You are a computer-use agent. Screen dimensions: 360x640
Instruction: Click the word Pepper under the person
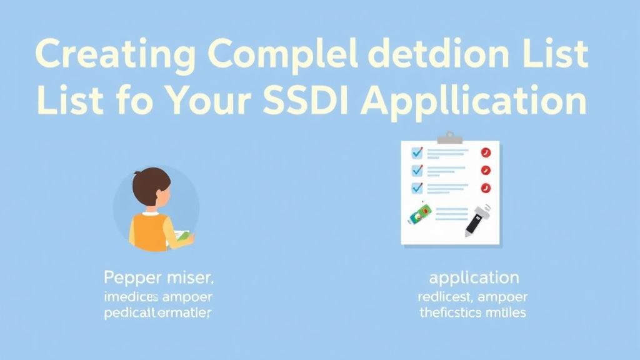tap(132, 277)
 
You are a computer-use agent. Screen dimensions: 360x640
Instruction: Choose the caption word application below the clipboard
tap(474, 277)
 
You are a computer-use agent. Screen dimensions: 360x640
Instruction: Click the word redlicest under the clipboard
tap(444, 296)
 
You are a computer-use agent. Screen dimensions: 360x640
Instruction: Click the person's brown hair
tap(150, 182)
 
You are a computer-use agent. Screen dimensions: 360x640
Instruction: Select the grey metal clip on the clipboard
tap(449, 137)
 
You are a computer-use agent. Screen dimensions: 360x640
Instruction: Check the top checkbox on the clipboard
tap(417, 152)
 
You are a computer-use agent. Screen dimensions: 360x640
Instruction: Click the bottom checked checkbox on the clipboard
tap(417, 187)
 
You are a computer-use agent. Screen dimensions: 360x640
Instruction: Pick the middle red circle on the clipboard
tap(486, 170)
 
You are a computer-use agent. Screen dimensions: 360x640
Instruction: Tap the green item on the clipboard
tap(420, 215)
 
